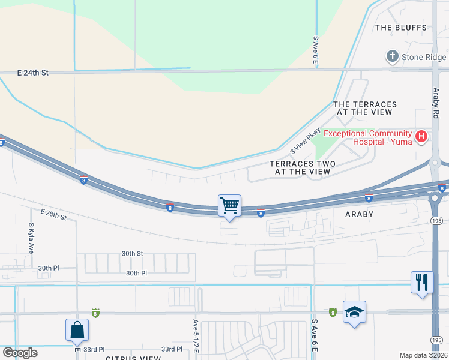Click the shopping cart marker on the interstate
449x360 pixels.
(229, 206)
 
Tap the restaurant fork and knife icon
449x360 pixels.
(422, 281)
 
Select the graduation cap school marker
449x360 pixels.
(354, 312)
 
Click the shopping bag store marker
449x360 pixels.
(77, 329)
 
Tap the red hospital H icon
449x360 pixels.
(421, 137)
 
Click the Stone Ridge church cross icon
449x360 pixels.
(392, 57)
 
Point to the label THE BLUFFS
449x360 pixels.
(400, 28)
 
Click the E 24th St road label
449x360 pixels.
(32, 73)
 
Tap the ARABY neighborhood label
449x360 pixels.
(360, 214)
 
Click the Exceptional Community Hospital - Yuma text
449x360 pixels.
(368, 137)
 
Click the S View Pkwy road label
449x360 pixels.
(306, 143)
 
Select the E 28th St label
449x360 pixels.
(54, 214)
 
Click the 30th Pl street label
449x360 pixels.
(136, 273)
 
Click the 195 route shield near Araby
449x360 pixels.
(437, 221)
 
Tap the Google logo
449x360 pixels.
(19, 353)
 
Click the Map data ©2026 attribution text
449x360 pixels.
(423, 355)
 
